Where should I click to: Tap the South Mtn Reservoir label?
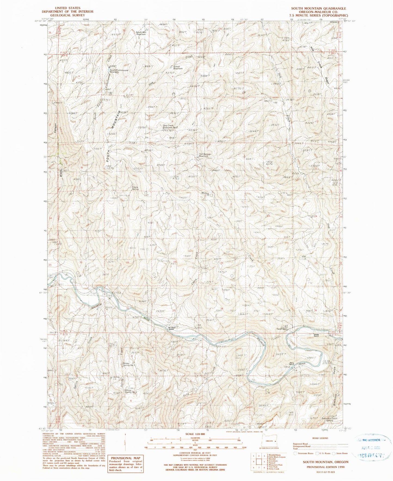pos(141,33)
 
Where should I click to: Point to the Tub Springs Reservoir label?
pos(205,155)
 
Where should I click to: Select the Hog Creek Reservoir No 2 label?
pos(170,126)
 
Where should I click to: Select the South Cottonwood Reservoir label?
pos(119,71)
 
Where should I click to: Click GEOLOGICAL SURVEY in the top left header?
pos(67,15)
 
